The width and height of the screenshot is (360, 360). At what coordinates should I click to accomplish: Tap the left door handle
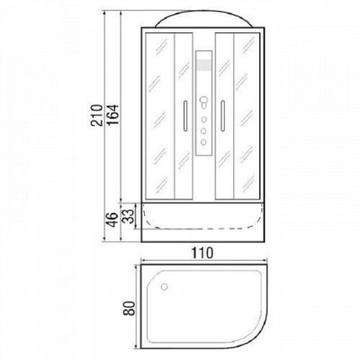186,118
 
